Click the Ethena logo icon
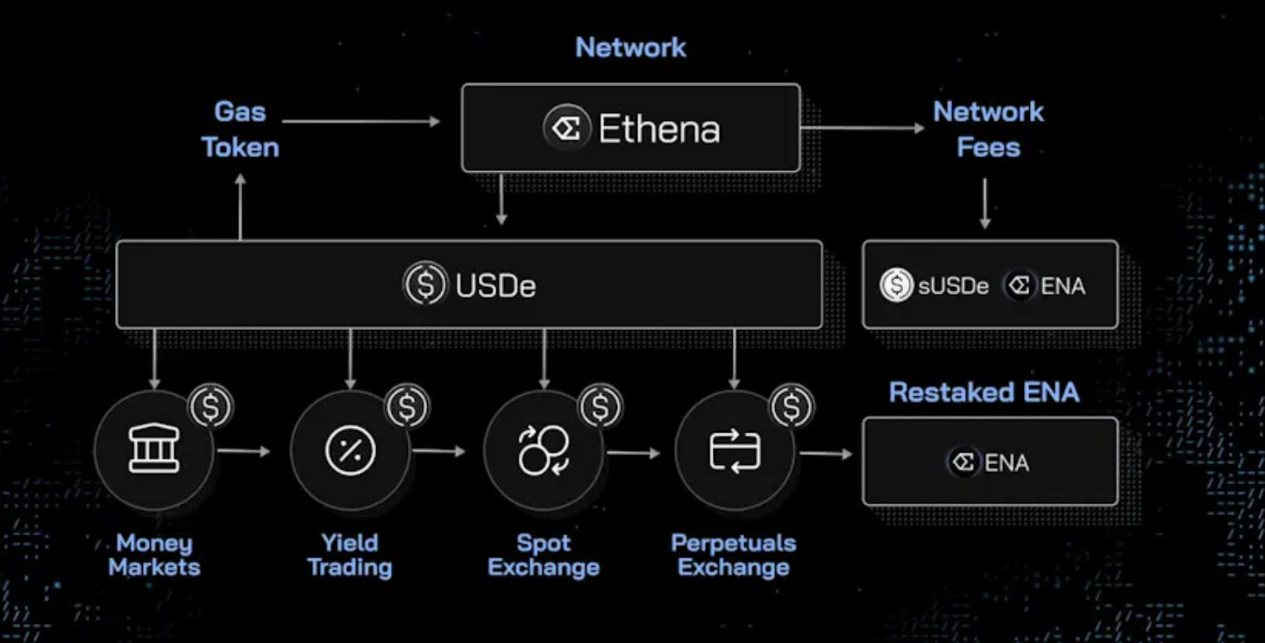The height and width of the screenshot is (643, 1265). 566,129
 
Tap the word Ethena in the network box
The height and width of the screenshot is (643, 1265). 659,130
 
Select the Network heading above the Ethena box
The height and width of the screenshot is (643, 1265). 630,47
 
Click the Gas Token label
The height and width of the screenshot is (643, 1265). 240,129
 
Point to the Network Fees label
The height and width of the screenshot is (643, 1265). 988,129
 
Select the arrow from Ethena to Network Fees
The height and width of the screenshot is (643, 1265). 863,128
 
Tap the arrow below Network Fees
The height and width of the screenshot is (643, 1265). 984,204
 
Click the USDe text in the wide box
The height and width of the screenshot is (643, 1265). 495,285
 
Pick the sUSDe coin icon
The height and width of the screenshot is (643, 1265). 896,285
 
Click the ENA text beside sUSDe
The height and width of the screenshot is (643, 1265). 1062,285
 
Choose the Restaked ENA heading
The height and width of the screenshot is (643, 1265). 984,392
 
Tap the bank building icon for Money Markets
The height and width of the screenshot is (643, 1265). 154,451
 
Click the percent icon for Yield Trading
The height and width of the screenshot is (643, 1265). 351,451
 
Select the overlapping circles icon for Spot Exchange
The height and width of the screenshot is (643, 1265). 544,451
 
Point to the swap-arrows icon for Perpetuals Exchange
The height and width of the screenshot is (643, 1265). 734,451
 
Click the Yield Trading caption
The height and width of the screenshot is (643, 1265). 350,555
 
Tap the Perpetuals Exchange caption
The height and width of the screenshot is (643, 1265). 734,555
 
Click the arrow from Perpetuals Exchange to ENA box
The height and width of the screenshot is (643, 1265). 826,454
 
